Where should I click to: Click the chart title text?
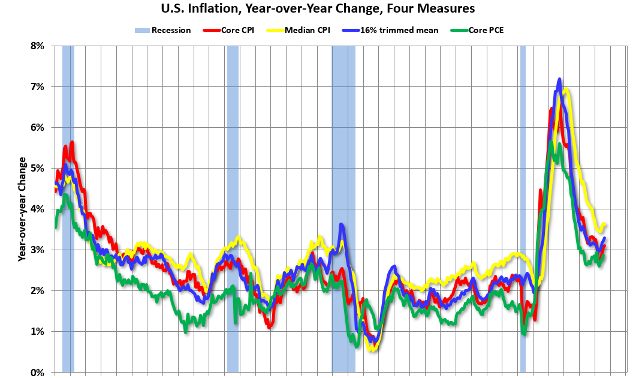click(318, 9)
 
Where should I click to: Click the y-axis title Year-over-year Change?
click(23, 209)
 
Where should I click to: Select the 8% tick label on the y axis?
click(37, 46)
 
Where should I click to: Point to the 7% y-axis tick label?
click(37, 86)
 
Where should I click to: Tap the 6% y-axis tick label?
click(37, 127)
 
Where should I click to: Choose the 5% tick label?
click(37, 168)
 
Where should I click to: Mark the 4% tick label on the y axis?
click(37, 209)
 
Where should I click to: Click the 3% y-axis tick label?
click(37, 250)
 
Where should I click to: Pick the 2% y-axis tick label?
click(37, 290)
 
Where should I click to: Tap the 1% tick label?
click(37, 331)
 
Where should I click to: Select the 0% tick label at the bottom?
click(37, 372)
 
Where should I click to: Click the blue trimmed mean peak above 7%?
click(559, 79)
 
